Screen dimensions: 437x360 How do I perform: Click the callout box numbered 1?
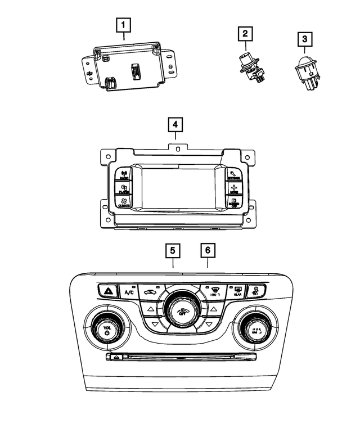click(x=124, y=25)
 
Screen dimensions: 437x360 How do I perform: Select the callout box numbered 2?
click(x=245, y=34)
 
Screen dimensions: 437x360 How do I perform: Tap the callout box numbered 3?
click(x=305, y=39)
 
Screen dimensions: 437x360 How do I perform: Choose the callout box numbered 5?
click(x=173, y=250)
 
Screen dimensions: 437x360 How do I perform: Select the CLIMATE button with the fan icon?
click(x=124, y=202)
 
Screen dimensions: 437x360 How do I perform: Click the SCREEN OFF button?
click(x=234, y=202)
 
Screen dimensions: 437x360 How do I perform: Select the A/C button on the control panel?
click(x=129, y=292)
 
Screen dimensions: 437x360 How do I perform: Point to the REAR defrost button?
click(x=238, y=291)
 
